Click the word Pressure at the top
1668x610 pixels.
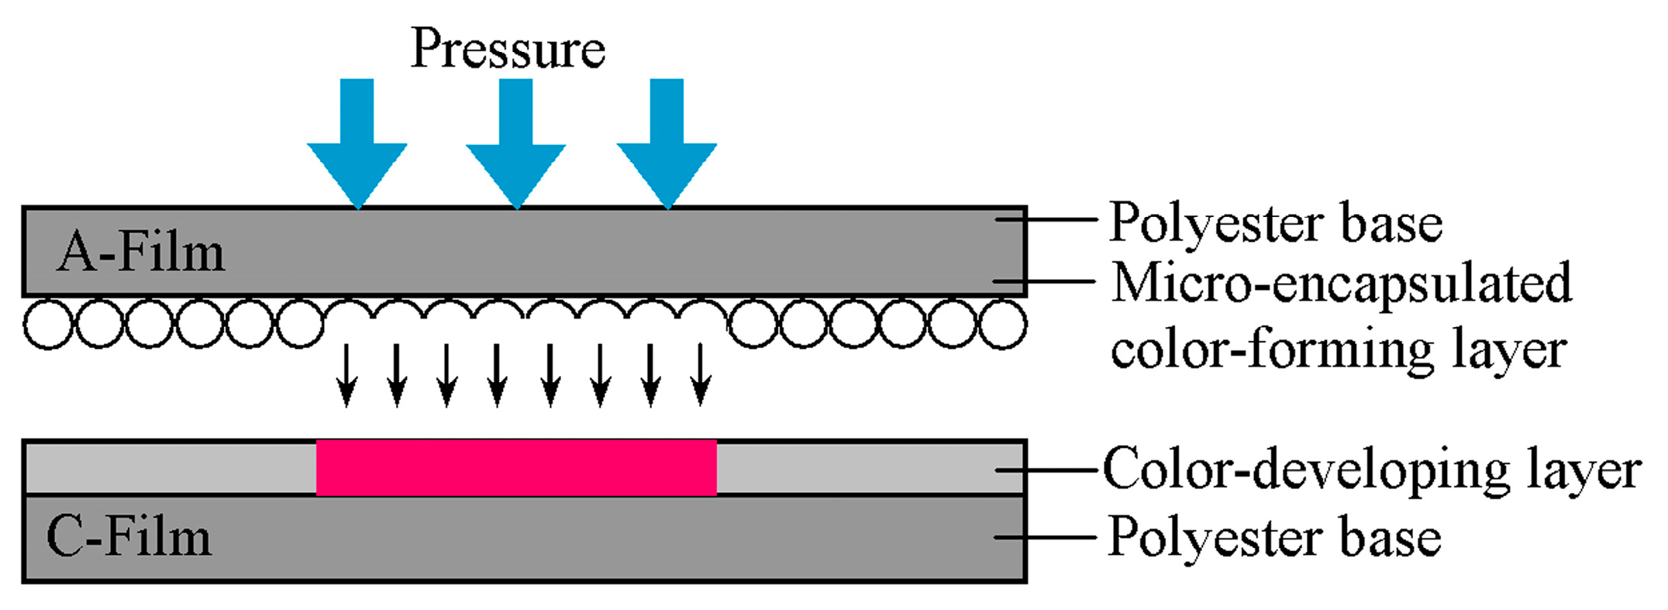[x=508, y=49]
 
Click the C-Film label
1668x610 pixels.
[x=129, y=536]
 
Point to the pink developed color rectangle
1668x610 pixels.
[x=516, y=467]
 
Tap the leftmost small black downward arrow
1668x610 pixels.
[x=346, y=375]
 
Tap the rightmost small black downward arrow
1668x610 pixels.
[x=701, y=375]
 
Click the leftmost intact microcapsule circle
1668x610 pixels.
[x=49, y=324]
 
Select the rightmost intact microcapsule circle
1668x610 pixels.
[x=1003, y=324]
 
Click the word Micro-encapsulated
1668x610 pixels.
[x=1341, y=284]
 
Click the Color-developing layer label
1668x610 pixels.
[x=1371, y=470]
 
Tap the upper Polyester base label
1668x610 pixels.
[x=1276, y=223]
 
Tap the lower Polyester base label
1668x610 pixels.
[x=1274, y=537]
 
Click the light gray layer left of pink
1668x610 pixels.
[x=171, y=467]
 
